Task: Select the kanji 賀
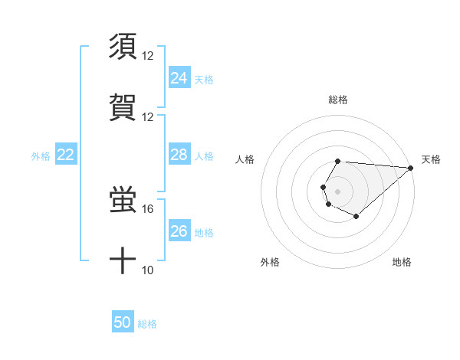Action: [x=123, y=107]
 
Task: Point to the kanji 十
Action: [x=123, y=261]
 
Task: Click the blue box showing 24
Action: [x=179, y=78]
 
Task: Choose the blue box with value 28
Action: [x=179, y=155]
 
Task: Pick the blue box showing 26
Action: [x=179, y=231]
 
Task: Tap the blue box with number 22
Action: [x=66, y=155]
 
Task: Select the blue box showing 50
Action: [x=123, y=322]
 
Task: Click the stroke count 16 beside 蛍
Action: [x=148, y=208]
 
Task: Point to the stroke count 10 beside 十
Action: [x=148, y=270]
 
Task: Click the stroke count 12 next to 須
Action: [x=148, y=55]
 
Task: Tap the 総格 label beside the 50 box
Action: [x=147, y=324]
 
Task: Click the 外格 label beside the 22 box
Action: [x=41, y=156]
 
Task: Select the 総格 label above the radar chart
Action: [x=338, y=100]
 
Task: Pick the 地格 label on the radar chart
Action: [x=402, y=262]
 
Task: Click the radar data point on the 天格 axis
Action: [x=411, y=168]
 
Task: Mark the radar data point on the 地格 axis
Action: [x=356, y=217]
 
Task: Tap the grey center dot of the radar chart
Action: [x=337, y=190]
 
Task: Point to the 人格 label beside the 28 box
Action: [x=204, y=156]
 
